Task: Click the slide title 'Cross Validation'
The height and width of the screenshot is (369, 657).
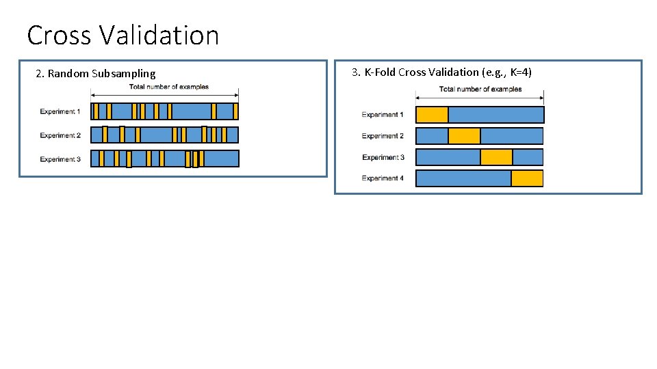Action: coord(123,35)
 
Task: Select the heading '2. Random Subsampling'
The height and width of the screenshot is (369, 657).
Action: coord(95,74)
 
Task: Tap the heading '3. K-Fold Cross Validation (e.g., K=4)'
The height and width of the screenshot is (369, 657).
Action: coord(441,72)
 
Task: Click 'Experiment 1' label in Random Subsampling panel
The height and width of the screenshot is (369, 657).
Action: coord(60,111)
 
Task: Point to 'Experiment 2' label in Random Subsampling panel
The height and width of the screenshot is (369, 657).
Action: coord(60,135)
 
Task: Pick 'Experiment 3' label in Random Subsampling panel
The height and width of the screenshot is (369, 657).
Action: coord(60,159)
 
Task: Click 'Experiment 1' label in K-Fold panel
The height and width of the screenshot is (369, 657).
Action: coord(383,115)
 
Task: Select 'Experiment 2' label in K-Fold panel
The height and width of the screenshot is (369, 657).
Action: coord(383,136)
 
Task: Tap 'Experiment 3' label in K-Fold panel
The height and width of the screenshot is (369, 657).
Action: coord(383,157)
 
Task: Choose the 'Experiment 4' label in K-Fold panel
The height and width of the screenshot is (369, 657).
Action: coord(383,178)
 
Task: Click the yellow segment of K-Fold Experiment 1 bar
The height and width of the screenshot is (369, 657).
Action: coord(432,115)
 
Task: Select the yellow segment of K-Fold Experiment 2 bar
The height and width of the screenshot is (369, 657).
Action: coord(464,136)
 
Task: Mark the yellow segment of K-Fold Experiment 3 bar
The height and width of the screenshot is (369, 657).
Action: coord(496,157)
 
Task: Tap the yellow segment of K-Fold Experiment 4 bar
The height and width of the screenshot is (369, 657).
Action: coord(527,178)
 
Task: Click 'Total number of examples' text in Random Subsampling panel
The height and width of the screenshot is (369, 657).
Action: coord(169,87)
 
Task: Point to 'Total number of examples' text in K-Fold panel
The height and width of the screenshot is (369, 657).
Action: coord(480,89)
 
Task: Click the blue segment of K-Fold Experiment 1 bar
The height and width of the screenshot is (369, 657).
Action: coord(495,115)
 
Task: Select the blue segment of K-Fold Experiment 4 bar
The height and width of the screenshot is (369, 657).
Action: coord(463,178)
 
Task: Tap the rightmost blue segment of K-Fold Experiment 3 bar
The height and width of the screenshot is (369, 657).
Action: coord(528,157)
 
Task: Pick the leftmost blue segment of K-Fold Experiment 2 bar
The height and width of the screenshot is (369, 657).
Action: coord(432,136)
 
